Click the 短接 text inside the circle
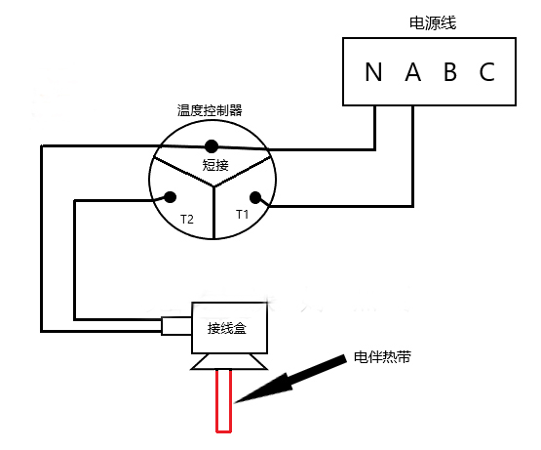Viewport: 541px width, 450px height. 214,166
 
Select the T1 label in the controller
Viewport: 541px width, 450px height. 243,213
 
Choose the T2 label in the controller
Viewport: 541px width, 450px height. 186,221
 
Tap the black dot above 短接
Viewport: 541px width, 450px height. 211,146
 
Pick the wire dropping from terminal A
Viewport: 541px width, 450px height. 412,156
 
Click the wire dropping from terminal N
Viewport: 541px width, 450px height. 375,127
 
